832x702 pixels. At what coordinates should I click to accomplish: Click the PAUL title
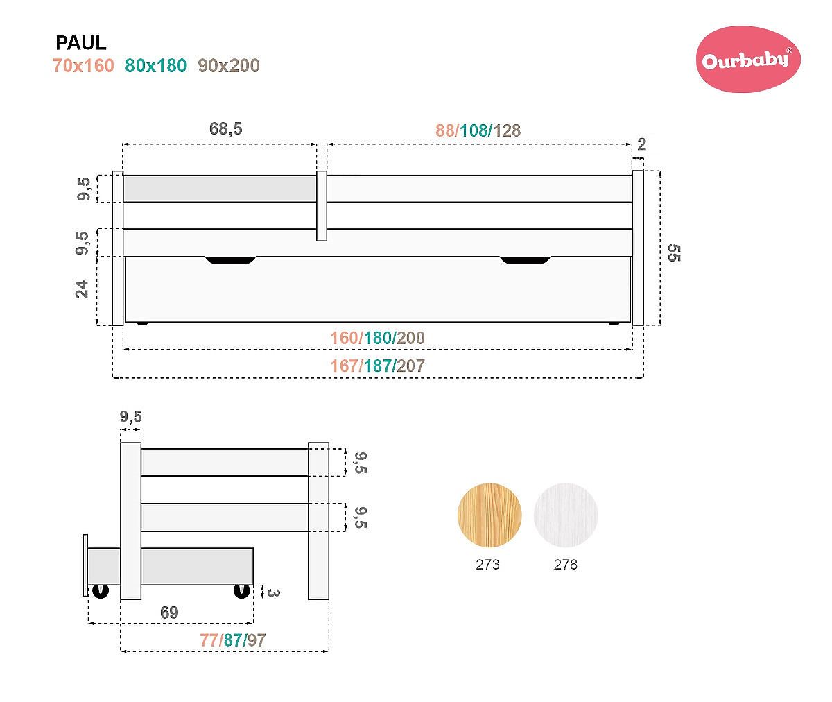[81, 43]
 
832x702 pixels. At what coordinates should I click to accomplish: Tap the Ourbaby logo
[748, 60]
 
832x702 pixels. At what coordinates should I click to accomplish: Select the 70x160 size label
[84, 66]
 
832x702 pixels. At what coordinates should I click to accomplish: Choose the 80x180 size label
[156, 66]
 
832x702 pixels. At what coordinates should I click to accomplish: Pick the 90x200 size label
[229, 66]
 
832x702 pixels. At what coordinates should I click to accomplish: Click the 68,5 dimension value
[226, 129]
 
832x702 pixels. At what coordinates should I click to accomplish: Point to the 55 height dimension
[674, 253]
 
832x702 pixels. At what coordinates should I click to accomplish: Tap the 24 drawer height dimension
[82, 289]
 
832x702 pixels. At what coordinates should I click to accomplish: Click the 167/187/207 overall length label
[378, 366]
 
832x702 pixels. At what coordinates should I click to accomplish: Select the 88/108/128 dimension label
[478, 130]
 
